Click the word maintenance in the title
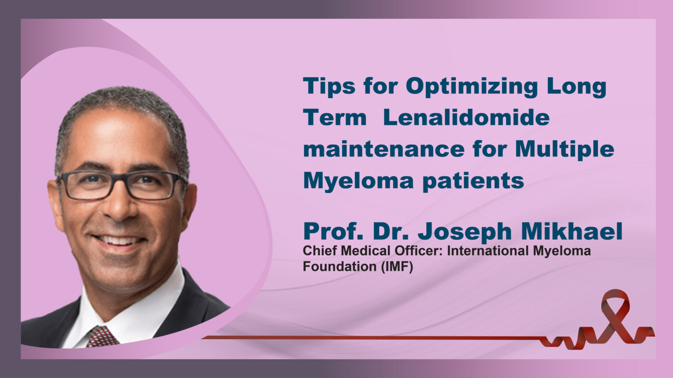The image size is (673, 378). coord(384,149)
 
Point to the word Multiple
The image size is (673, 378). coord(565,150)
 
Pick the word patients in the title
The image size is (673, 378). coord(473,182)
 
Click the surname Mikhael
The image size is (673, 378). coord(572,231)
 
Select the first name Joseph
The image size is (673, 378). coord(465,232)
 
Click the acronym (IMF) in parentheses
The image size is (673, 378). coord(397,267)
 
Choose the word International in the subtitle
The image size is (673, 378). coord(487,251)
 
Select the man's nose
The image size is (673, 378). coord(118,204)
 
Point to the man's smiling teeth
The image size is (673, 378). coord(119,240)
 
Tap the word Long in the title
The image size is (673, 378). coord(577,87)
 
